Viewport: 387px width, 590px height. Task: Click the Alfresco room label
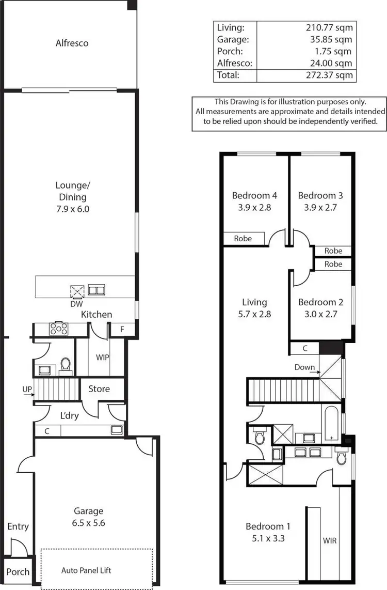click(x=72, y=43)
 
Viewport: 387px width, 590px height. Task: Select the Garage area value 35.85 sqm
click(x=332, y=39)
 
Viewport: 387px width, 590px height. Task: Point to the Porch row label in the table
click(x=230, y=51)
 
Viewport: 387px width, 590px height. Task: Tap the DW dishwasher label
click(x=76, y=304)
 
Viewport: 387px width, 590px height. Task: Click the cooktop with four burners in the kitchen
click(x=58, y=328)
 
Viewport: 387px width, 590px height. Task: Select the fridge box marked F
click(x=122, y=329)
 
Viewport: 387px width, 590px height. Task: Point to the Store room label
click(x=99, y=389)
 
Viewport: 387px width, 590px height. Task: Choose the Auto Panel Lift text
click(x=86, y=570)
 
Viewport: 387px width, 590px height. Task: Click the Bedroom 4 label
click(x=254, y=195)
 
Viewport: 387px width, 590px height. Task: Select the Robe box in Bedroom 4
click(x=243, y=239)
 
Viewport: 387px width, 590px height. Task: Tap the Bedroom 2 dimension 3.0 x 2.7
click(x=320, y=313)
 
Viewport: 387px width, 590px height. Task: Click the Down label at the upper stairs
click(x=304, y=367)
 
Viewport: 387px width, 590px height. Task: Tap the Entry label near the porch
click(x=18, y=526)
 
